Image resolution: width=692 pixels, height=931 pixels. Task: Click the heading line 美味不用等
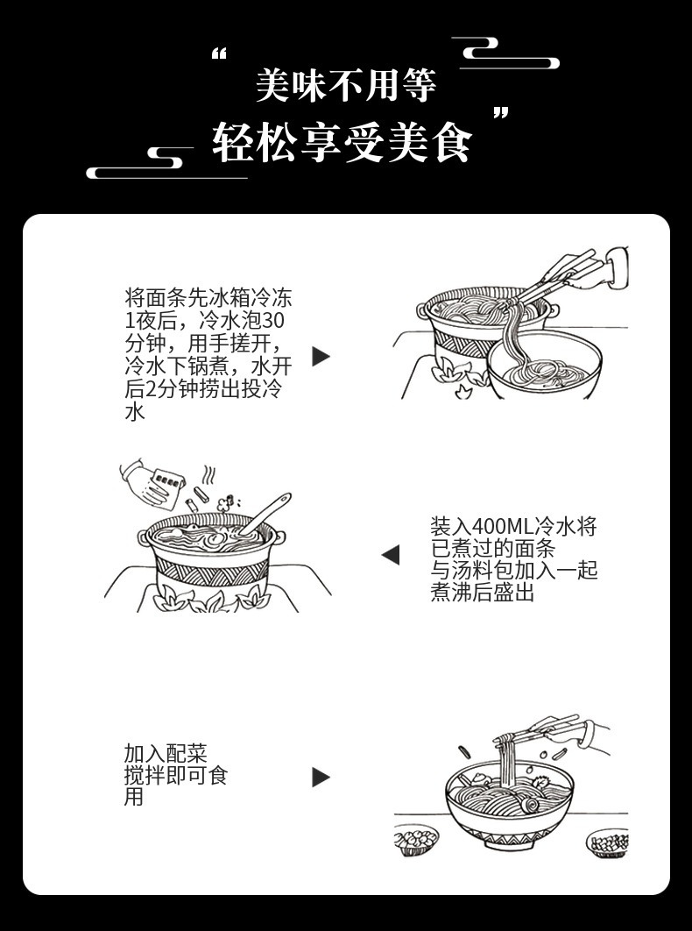pos(345,86)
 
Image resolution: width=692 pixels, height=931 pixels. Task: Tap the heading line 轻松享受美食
pos(342,144)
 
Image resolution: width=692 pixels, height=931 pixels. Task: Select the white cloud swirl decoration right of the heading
pos(505,54)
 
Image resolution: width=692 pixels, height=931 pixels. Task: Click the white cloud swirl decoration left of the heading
pos(166,162)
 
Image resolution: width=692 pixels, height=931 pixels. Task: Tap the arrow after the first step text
pos(321,356)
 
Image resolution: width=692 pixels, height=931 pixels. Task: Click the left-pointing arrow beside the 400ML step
pos(391,555)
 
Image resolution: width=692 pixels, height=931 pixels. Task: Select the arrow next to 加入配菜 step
pos(321,777)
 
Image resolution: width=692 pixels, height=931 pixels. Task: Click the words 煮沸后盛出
pos(482,593)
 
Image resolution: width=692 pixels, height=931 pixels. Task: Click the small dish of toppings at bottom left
pos(415,839)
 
